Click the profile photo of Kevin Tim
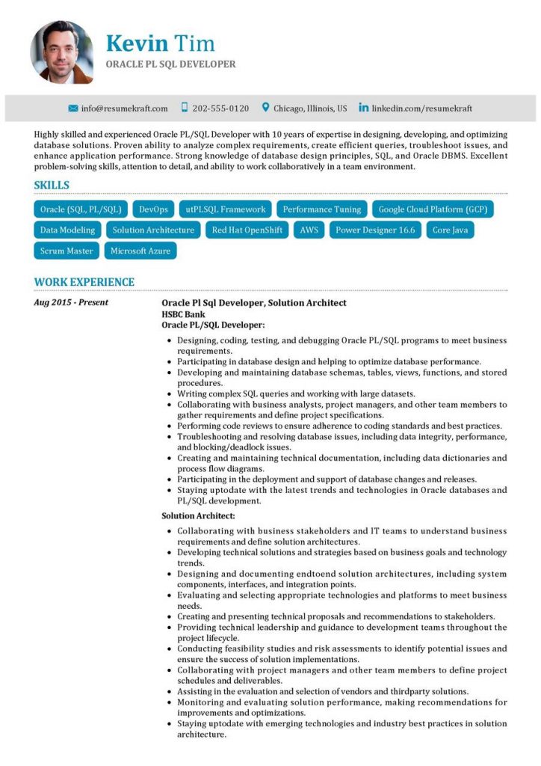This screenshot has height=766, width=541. click(x=61, y=52)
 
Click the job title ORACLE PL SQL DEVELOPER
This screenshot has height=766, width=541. click(x=170, y=64)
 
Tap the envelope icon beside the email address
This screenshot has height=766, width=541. click(x=73, y=108)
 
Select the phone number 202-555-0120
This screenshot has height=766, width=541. click(x=220, y=108)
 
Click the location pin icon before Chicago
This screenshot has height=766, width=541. click(x=265, y=108)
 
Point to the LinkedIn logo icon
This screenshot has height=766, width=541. click(x=363, y=108)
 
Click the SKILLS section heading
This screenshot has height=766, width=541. click(x=52, y=186)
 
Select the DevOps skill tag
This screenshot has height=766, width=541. click(x=153, y=209)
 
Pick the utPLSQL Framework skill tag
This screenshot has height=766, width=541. click(x=226, y=209)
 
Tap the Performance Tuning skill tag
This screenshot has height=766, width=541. click(x=322, y=209)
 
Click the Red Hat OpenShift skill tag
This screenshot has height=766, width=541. click(x=247, y=230)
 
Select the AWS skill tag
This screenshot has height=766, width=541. click(x=309, y=230)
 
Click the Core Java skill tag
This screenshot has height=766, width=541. click(x=451, y=230)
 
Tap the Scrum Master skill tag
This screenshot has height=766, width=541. click(x=67, y=251)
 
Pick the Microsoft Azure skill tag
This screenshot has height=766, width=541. click(x=140, y=251)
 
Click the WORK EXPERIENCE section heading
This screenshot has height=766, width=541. click(x=84, y=282)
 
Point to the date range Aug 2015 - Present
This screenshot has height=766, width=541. click(x=71, y=303)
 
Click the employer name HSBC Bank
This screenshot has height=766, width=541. click(x=183, y=314)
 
